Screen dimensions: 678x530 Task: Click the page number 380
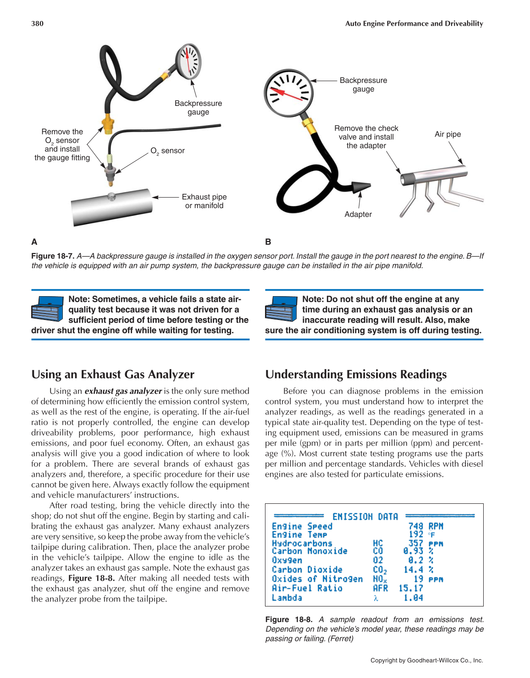37,23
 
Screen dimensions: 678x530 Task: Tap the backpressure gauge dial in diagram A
188,61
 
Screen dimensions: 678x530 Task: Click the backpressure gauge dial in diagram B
288,93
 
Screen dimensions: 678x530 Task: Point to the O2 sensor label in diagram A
168,151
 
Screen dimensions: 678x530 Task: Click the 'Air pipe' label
447,134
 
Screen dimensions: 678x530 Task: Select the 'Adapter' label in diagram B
358,214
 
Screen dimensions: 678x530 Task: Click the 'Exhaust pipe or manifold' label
204,201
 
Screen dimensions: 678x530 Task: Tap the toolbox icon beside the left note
47,309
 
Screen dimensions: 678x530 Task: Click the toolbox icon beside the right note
281,309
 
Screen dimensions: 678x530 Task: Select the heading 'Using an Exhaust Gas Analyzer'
113,375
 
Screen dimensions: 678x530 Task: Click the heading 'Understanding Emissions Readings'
356,375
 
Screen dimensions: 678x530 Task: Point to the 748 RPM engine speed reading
425,526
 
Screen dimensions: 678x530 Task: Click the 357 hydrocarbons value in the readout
415,543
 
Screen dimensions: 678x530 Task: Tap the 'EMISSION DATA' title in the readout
365,517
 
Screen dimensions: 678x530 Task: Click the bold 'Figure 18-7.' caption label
53,256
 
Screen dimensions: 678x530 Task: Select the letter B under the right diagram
268,242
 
